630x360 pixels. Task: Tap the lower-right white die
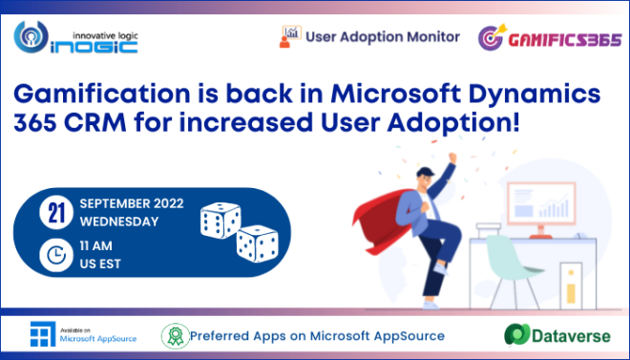coord(257,244)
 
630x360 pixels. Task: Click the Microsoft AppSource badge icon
coord(41,335)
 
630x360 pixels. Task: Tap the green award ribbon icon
coord(173,336)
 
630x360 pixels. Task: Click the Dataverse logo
coord(554,336)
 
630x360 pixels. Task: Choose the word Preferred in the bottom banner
coord(221,336)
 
